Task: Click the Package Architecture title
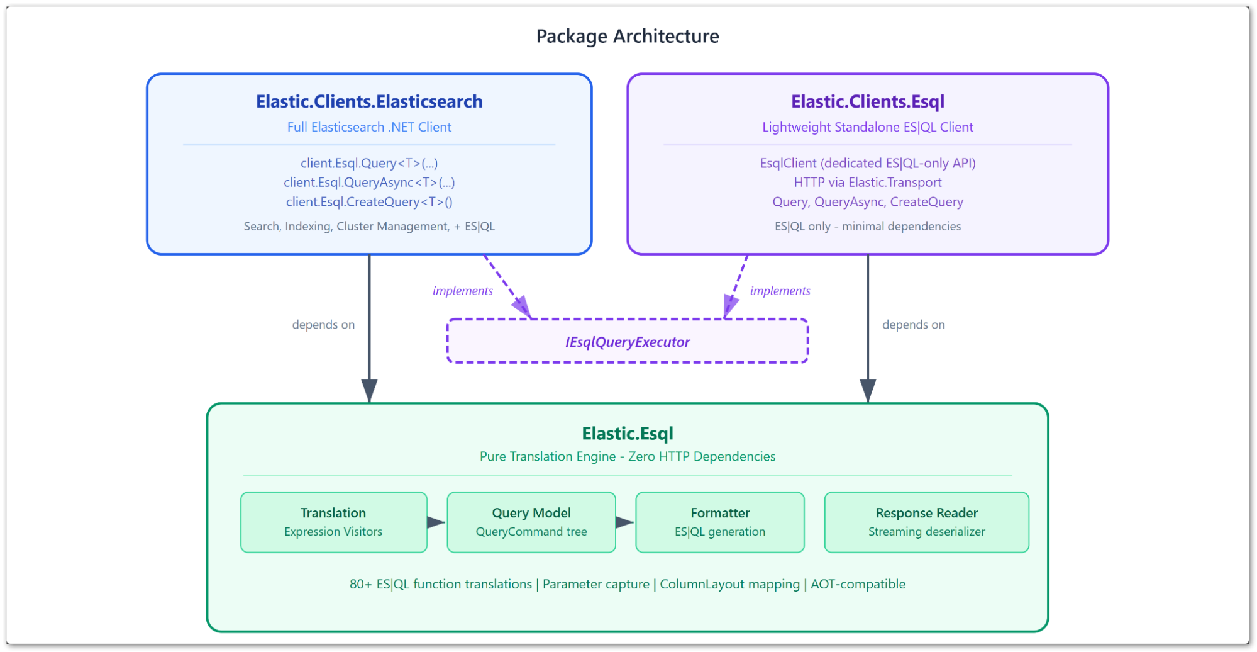click(x=628, y=37)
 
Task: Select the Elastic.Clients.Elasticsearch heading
click(x=369, y=101)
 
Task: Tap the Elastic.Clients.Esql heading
click(x=868, y=102)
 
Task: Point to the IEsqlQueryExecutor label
click(x=628, y=342)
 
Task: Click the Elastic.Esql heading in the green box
click(x=628, y=434)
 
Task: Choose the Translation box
click(x=334, y=522)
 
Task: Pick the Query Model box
click(x=531, y=522)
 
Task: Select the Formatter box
click(x=720, y=522)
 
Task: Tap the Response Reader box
click(x=927, y=522)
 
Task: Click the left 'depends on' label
click(x=323, y=325)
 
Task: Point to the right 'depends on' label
click(x=914, y=325)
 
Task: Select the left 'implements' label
click(x=463, y=291)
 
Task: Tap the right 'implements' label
click(x=780, y=291)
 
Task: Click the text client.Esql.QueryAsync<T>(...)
click(x=369, y=183)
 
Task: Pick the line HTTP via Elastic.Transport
click(x=868, y=183)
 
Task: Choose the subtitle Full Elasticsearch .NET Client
click(x=369, y=127)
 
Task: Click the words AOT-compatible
click(x=858, y=584)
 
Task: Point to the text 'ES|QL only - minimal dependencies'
click(x=868, y=227)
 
